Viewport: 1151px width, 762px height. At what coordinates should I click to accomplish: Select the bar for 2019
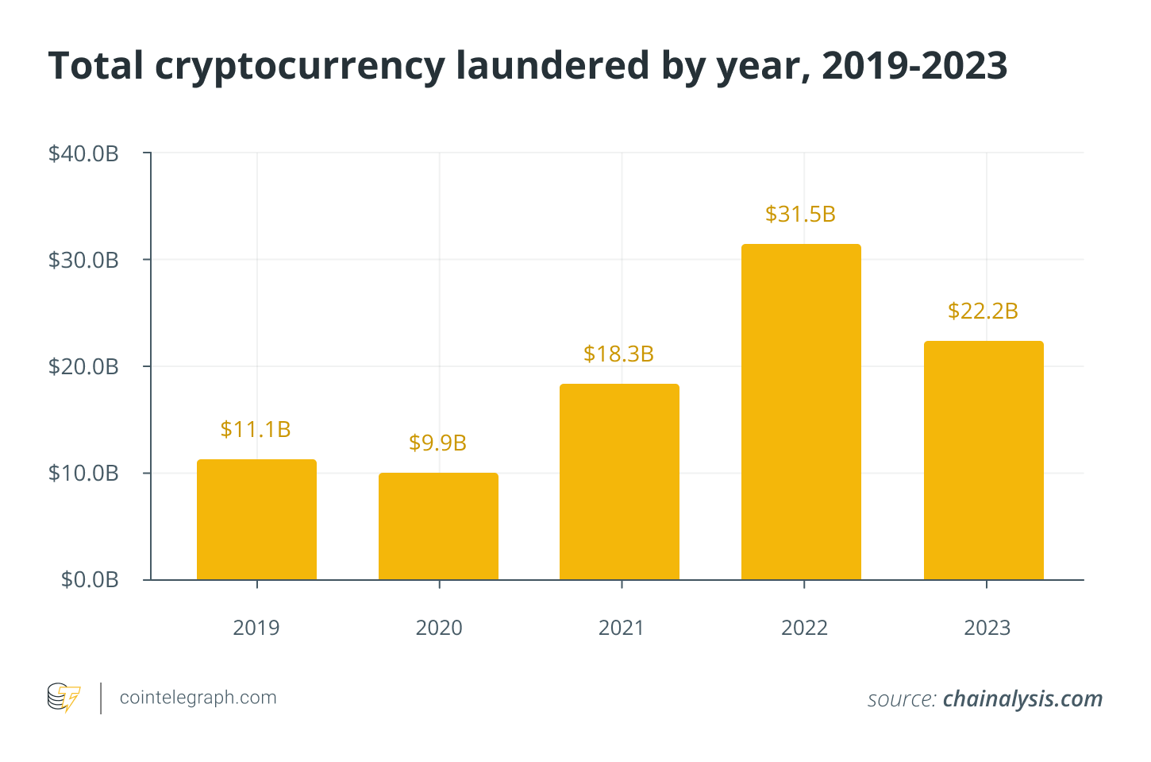pyautogui.click(x=256, y=520)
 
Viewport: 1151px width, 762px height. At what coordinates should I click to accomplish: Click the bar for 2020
pyautogui.click(x=438, y=526)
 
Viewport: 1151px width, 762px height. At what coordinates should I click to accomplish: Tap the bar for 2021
pyautogui.click(x=619, y=482)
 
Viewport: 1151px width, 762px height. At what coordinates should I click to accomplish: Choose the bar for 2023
pyautogui.click(x=984, y=460)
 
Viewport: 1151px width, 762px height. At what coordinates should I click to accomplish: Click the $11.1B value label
pyautogui.click(x=256, y=429)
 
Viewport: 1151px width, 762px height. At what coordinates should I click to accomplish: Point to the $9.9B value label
pyautogui.click(x=437, y=443)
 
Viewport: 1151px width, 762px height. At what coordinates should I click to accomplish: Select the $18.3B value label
pyautogui.click(x=618, y=354)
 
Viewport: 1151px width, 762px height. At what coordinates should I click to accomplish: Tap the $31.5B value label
pyautogui.click(x=800, y=214)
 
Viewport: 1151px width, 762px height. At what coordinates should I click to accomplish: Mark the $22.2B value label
pyautogui.click(x=983, y=311)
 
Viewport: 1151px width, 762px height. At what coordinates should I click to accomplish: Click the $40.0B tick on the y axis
pyautogui.click(x=83, y=153)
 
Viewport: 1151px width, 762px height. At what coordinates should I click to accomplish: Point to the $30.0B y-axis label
pyautogui.click(x=83, y=260)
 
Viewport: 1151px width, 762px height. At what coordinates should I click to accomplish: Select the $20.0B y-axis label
pyautogui.click(x=83, y=366)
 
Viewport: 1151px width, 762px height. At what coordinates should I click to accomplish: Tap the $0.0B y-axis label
pyautogui.click(x=90, y=580)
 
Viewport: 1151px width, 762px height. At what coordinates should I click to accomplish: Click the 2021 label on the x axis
pyautogui.click(x=622, y=628)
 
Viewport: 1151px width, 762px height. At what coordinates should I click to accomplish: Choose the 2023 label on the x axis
pyautogui.click(x=987, y=628)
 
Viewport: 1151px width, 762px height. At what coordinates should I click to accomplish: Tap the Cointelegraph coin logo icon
pyautogui.click(x=64, y=698)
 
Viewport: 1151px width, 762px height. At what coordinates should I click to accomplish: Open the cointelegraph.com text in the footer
pyautogui.click(x=198, y=698)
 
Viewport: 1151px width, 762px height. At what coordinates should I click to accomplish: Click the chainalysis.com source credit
pyautogui.click(x=1022, y=698)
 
